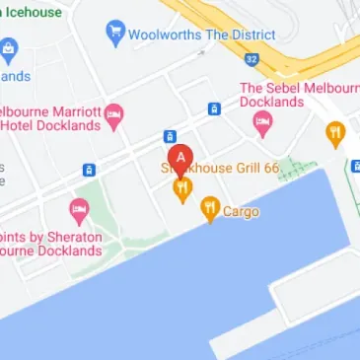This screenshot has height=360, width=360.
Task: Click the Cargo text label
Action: coord(241,211)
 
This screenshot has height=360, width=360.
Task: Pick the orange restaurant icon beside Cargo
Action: coord(209,208)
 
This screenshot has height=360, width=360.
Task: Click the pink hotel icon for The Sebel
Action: coord(262,123)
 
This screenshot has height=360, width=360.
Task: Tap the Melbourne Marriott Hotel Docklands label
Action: coord(53,116)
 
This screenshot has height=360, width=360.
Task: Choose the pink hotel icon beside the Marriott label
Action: coord(114,116)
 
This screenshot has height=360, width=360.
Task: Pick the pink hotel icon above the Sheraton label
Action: coord(79,210)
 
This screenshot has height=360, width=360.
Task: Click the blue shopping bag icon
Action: coord(9,48)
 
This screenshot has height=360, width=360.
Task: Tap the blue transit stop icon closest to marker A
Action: coord(170,135)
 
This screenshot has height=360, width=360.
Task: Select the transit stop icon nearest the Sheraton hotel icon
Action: coord(89,169)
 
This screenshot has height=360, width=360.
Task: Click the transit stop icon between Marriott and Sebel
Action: coord(214,108)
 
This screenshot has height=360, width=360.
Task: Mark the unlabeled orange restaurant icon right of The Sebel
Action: coord(335,133)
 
